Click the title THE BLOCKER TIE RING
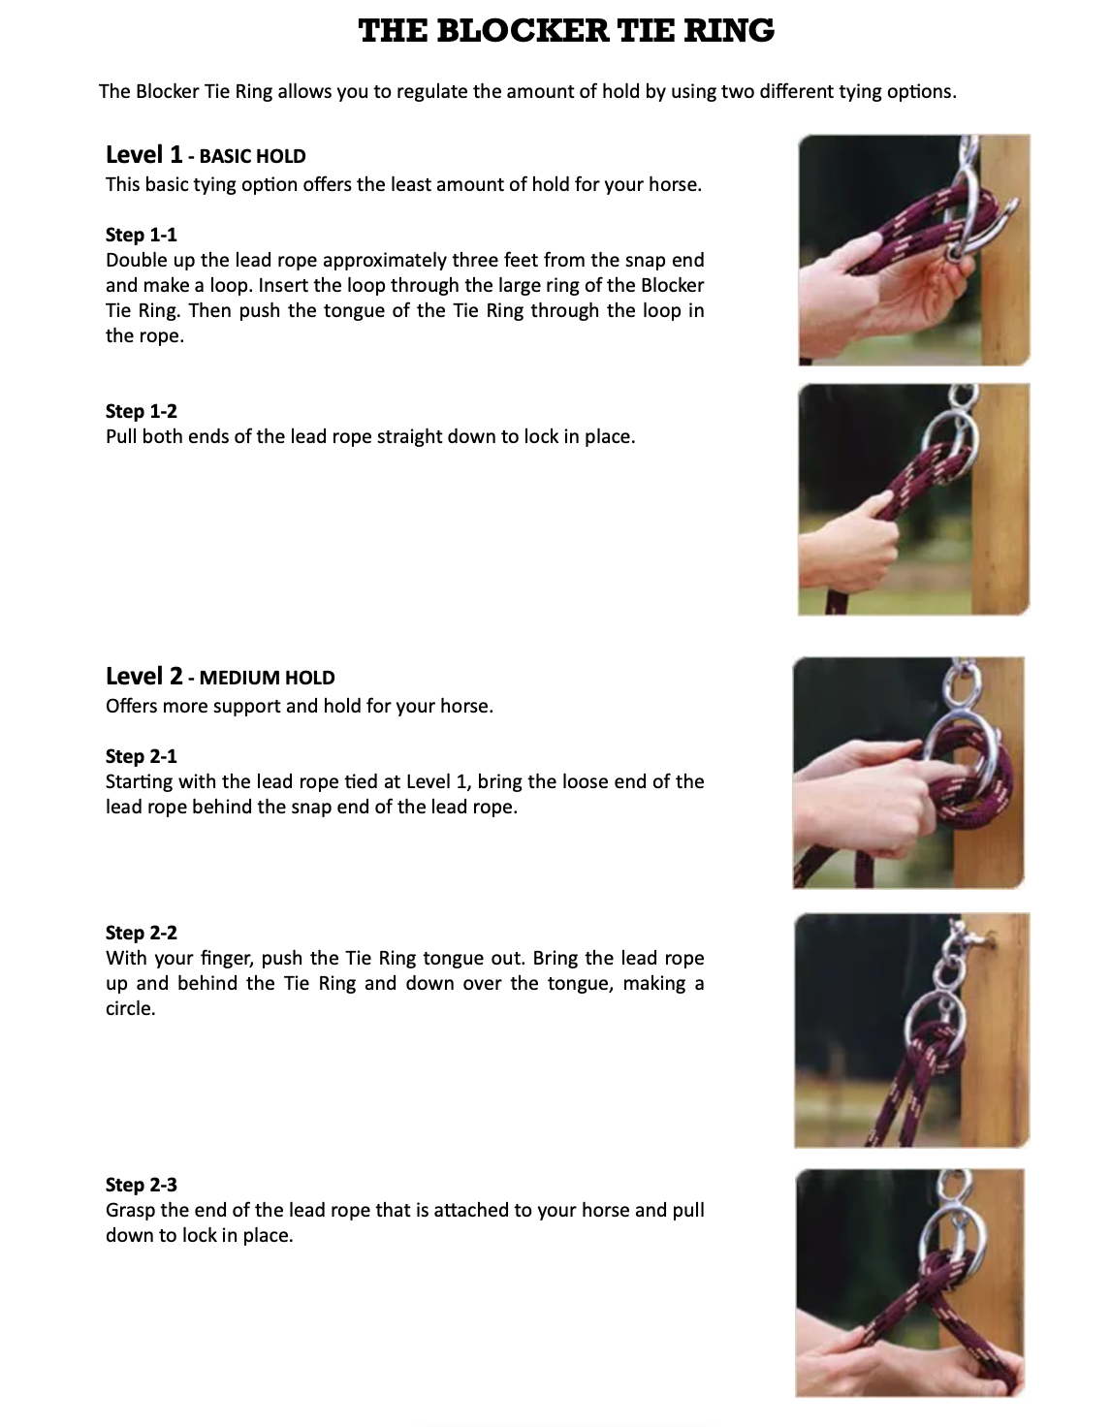(x=566, y=31)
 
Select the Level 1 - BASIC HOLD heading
(x=206, y=155)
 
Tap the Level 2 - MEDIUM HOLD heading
(x=220, y=677)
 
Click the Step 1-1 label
(x=141, y=235)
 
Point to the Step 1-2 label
(x=141, y=411)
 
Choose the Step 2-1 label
(x=141, y=756)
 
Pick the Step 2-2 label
(x=141, y=933)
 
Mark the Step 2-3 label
(x=141, y=1185)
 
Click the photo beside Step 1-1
(x=913, y=249)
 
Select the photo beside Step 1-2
(x=913, y=499)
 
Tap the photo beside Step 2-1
(x=908, y=773)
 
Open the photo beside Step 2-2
(x=911, y=1030)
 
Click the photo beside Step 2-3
(x=909, y=1282)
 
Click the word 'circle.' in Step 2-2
(x=131, y=1008)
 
